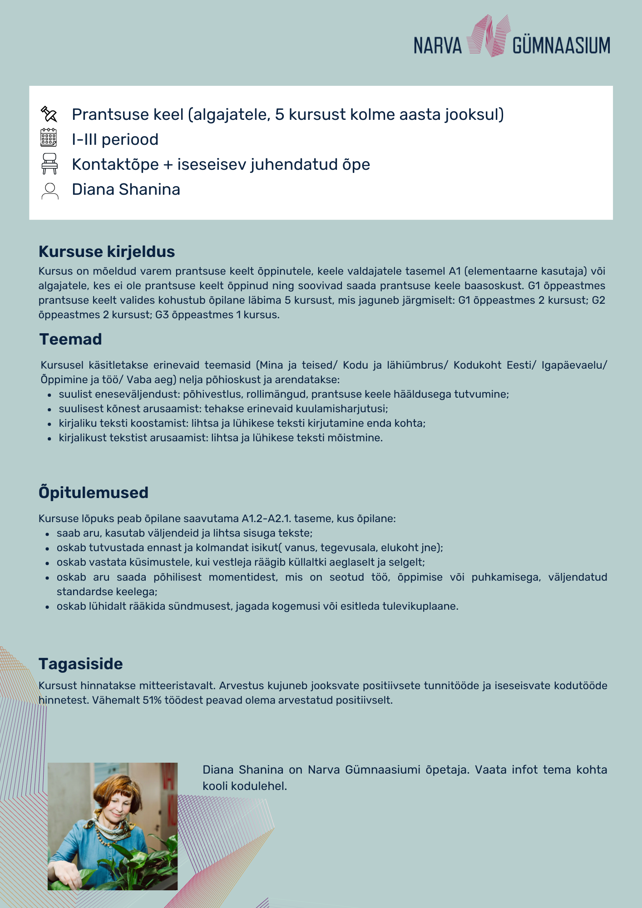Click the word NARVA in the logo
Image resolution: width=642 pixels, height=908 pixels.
point(437,46)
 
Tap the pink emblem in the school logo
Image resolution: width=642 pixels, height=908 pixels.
point(488,36)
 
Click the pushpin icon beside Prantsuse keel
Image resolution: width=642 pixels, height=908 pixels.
point(49,114)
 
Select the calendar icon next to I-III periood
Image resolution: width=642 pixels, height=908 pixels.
point(49,138)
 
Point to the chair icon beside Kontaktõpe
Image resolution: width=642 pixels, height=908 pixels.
point(49,163)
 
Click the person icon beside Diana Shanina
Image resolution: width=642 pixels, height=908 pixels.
point(49,191)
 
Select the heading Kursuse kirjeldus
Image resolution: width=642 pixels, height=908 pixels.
point(107,252)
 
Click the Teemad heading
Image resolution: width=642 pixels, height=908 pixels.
point(70,339)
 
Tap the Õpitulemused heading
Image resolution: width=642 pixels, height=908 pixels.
point(94,493)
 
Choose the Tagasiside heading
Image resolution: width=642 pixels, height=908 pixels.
point(81,664)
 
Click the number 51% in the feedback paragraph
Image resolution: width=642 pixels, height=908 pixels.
point(152,700)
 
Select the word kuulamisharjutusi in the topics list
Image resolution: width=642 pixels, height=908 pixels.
point(348,409)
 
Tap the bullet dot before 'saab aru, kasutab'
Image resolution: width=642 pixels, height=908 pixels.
point(48,534)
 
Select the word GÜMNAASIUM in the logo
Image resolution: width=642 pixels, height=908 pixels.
point(561,46)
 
